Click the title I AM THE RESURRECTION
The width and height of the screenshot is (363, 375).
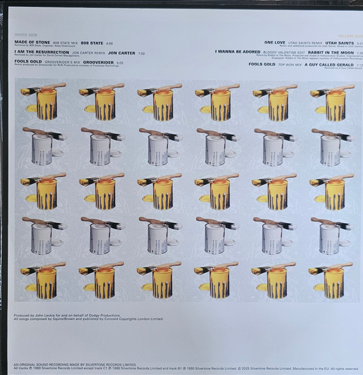click(41, 53)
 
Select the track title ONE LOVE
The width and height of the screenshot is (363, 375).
click(275, 41)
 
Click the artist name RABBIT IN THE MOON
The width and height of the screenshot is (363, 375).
click(328, 53)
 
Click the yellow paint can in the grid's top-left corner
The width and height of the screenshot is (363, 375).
click(46, 103)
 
